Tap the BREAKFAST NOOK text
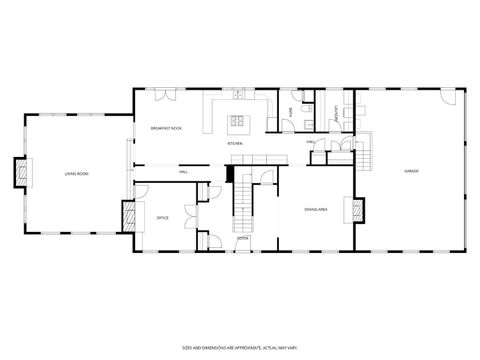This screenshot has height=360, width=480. tap(166, 128)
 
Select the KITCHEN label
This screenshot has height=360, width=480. tap(235, 144)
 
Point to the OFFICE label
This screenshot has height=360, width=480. tap(162, 217)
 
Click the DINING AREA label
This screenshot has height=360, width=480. tap(317, 209)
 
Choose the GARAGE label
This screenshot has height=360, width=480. tap(411, 172)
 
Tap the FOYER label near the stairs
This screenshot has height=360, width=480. tap(243, 238)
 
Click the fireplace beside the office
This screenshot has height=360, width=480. tap(128, 216)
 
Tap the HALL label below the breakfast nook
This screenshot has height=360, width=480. tap(184, 172)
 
